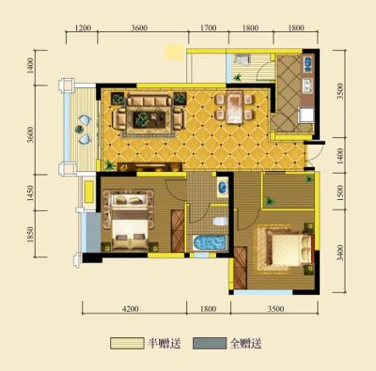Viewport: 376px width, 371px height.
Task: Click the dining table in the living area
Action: click(234, 107)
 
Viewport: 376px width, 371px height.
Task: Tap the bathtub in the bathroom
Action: click(210, 242)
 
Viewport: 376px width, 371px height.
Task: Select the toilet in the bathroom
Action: click(220, 222)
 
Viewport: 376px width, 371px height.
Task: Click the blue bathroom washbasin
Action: click(222, 187)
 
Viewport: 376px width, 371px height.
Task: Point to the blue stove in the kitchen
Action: click(307, 64)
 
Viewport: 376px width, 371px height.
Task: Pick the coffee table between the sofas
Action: click(149, 119)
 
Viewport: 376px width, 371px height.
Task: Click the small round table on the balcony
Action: click(79, 129)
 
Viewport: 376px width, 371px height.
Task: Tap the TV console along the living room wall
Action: click(149, 166)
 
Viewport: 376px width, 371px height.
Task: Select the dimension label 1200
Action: click(83, 27)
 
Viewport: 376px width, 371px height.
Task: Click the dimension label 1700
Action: click(208, 27)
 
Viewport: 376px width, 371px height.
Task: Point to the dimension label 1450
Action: click(30, 193)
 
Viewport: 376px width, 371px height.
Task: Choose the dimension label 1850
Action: click(30, 234)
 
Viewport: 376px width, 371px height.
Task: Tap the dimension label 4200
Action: click(131, 309)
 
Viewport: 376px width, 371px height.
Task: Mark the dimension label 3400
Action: click(340, 253)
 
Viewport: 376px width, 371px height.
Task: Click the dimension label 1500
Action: click(340, 193)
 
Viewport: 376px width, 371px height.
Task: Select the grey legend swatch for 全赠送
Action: click(210, 343)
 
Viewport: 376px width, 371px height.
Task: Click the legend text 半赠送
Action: click(164, 344)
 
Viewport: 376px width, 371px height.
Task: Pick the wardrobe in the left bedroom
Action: click(178, 231)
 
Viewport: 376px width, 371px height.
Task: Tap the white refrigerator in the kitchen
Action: click(305, 115)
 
